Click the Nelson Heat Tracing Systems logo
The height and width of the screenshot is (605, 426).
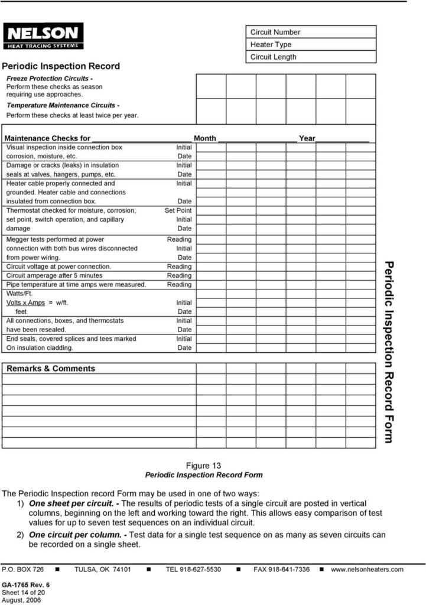43,36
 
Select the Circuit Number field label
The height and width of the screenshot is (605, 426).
275,32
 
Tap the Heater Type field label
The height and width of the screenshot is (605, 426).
271,44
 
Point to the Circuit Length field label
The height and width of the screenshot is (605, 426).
273,57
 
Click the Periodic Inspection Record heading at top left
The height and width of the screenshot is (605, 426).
61,66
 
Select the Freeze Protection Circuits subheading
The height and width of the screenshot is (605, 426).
50,79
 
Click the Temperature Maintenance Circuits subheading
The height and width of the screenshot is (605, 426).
63,105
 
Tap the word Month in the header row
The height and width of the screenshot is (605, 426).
205,138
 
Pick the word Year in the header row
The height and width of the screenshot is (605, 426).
307,138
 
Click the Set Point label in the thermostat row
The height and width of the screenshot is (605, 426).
178,210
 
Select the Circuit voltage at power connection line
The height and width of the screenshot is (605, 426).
58,266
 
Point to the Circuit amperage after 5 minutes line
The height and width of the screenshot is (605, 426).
54,275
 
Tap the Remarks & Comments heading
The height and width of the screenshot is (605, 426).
51,369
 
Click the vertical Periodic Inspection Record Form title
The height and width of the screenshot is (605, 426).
388,352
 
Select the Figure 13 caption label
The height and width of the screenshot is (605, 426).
203,466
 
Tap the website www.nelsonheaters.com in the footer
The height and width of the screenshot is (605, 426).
367,570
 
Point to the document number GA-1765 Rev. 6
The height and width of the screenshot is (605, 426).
26,585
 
